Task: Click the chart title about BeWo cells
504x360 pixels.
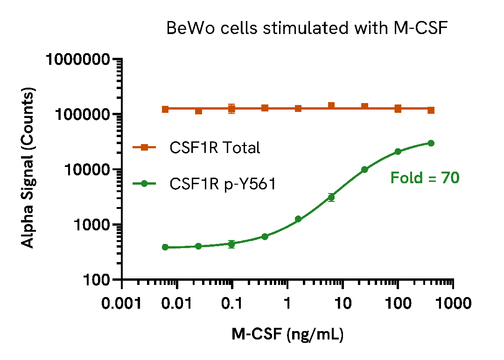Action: (307, 29)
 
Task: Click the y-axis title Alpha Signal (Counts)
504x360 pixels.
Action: (28, 169)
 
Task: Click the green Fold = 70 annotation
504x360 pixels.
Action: (425, 178)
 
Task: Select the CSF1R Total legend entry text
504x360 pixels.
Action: (215, 148)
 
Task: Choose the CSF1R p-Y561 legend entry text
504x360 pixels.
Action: (223, 185)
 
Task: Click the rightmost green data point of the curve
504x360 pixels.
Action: (431, 143)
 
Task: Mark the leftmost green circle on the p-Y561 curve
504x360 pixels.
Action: (165, 247)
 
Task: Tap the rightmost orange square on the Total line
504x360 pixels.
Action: (431, 111)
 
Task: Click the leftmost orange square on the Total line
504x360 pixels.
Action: (165, 109)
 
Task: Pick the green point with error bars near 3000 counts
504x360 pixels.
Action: (331, 197)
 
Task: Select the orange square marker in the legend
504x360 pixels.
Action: (144, 148)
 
